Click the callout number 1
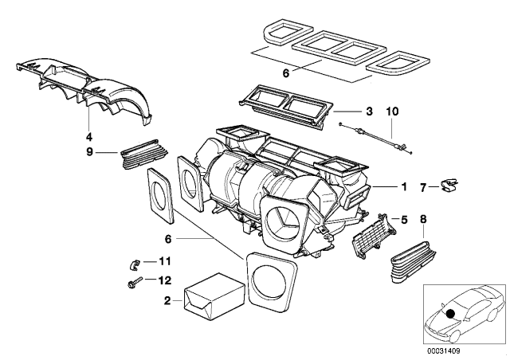pyautogui.click(x=404, y=187)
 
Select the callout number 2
pyautogui.click(x=167, y=301)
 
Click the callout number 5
pyautogui.click(x=405, y=220)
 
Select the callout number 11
pyautogui.click(x=166, y=261)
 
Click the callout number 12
pyautogui.click(x=166, y=280)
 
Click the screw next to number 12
pyautogui.click(x=131, y=281)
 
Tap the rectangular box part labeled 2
pyautogui.click(x=212, y=297)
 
